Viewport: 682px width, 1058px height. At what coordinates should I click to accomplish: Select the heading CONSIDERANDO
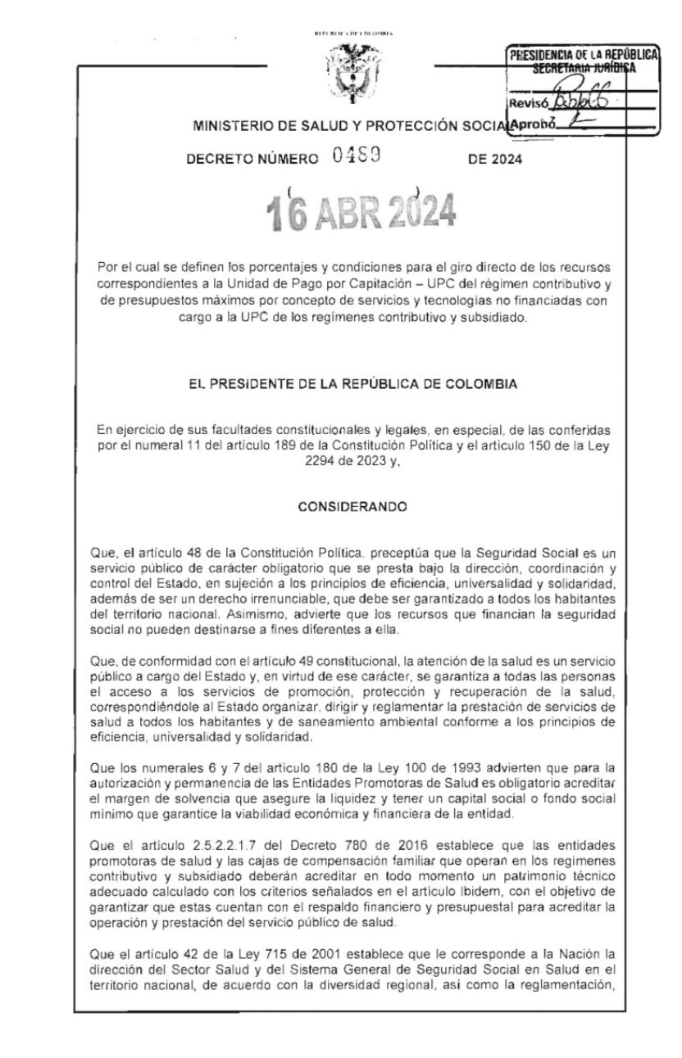click(352, 507)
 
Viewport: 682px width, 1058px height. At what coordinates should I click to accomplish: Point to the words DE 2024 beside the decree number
click(495, 160)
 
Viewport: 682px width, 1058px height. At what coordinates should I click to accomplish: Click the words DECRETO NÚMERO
click(252, 160)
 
